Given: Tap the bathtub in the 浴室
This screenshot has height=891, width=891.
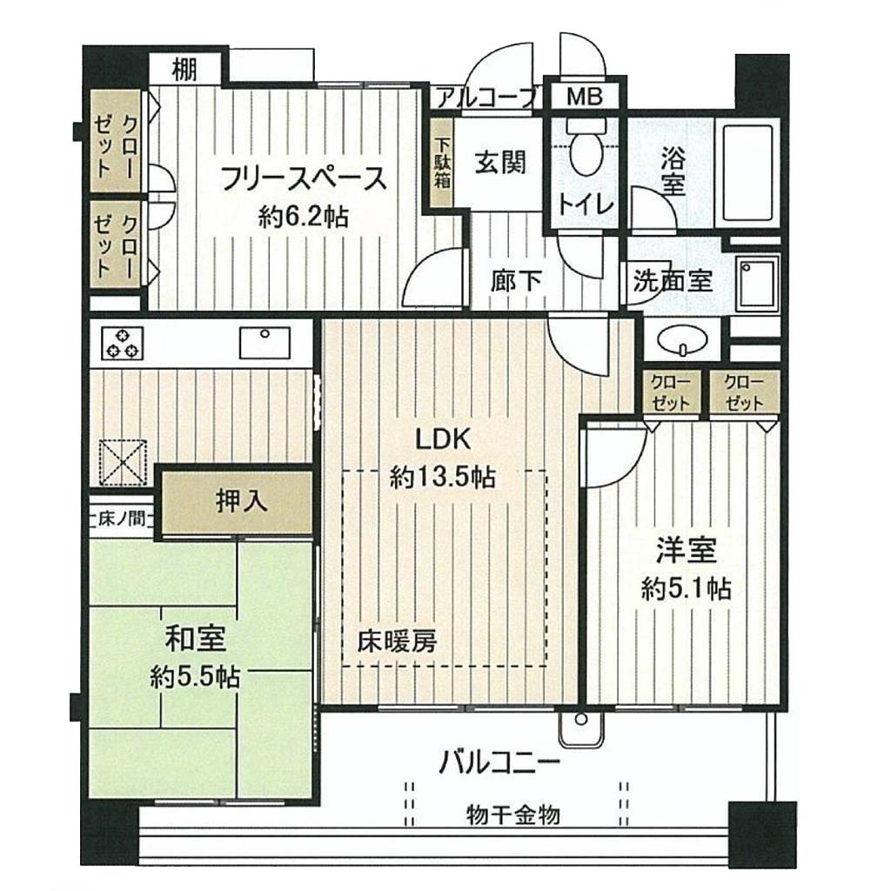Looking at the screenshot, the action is [747, 173].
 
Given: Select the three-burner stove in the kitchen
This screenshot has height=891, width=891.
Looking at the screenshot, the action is [122, 343].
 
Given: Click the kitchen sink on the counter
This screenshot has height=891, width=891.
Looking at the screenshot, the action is [265, 342].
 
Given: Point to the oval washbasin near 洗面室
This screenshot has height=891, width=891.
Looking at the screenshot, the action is [682, 339].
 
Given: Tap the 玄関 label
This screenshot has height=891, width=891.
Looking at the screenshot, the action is [500, 163].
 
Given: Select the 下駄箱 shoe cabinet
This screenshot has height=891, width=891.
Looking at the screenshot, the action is [442, 163].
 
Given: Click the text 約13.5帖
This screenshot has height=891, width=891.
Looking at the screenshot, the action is [443, 478].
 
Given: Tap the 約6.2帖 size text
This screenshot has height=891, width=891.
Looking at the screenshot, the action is [303, 217].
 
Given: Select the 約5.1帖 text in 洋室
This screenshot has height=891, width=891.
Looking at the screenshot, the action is [686, 589].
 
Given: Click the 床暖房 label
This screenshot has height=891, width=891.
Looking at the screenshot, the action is [397, 641].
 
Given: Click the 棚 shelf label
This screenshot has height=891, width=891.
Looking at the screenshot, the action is [184, 70].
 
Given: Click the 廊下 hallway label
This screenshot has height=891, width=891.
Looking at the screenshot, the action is [517, 281].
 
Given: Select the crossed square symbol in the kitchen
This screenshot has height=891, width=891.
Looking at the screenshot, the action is [124, 463].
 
